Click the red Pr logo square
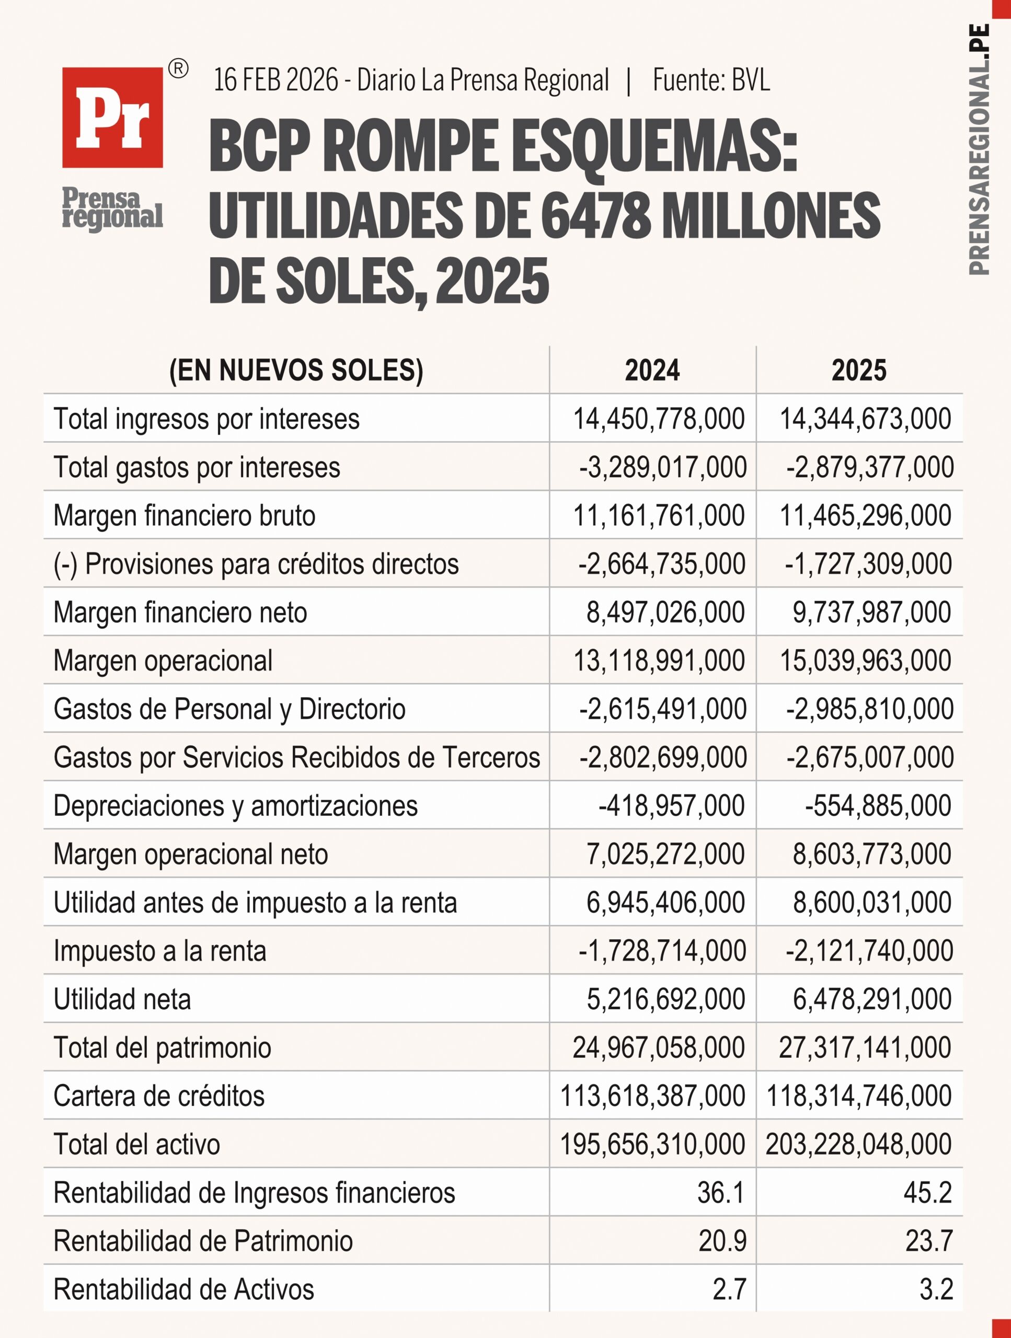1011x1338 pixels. click(x=112, y=118)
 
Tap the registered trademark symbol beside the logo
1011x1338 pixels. click(x=177, y=69)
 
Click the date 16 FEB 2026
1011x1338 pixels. click(x=276, y=80)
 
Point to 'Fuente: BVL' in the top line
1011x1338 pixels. click(x=711, y=80)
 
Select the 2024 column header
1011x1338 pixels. click(x=652, y=370)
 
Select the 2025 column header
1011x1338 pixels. click(x=858, y=370)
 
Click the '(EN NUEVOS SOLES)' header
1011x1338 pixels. click(x=296, y=370)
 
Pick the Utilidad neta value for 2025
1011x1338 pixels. click(x=872, y=999)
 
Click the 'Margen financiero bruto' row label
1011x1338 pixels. click(x=185, y=515)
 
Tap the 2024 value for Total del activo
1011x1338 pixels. click(x=652, y=1144)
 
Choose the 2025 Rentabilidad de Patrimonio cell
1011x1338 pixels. click(x=929, y=1241)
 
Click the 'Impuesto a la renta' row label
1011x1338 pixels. click(x=160, y=950)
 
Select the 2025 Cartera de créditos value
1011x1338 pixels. click(x=858, y=1095)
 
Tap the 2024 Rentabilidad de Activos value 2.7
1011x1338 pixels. click(x=729, y=1289)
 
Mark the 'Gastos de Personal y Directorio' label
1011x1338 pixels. click(x=229, y=709)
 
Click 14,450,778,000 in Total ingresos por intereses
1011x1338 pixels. click(x=658, y=419)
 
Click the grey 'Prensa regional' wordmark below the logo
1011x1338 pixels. click(x=112, y=209)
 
